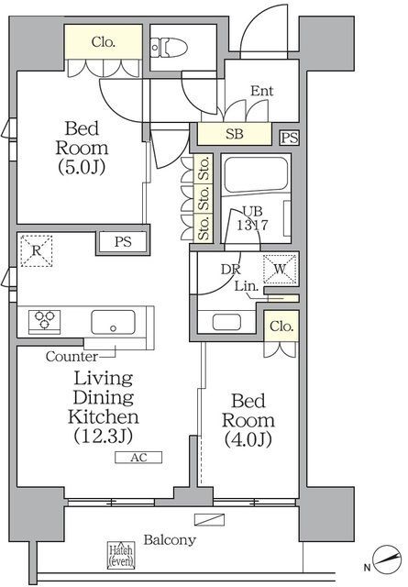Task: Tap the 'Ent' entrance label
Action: tap(261, 91)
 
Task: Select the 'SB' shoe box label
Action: tap(235, 134)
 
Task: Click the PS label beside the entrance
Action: tap(289, 138)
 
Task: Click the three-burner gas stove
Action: tap(44, 321)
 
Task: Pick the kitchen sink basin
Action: tap(112, 322)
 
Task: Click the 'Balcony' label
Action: tap(170, 540)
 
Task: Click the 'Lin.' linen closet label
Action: tap(245, 287)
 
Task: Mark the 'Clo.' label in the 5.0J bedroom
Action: tap(102, 41)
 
